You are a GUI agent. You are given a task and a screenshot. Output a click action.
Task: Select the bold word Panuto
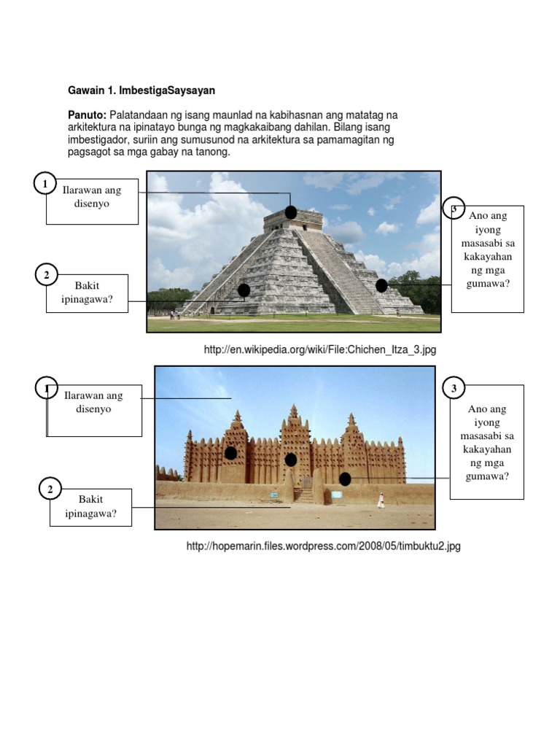(87, 115)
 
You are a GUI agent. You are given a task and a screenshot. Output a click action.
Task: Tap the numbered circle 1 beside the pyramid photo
(45, 184)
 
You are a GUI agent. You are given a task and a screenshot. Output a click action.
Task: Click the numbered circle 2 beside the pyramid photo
(46, 275)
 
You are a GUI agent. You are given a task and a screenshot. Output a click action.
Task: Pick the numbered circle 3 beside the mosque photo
(454, 388)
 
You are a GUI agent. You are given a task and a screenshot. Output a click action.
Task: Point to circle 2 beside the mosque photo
(50, 489)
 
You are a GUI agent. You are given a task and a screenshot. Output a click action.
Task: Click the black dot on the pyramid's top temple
(290, 212)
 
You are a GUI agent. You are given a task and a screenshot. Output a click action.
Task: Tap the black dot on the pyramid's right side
(381, 285)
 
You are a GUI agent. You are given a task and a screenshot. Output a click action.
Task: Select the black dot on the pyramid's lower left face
(244, 290)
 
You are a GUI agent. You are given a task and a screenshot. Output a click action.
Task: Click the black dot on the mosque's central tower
(291, 460)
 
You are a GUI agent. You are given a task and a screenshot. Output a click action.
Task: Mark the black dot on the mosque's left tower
(230, 453)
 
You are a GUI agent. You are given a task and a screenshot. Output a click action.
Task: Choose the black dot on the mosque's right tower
(345, 479)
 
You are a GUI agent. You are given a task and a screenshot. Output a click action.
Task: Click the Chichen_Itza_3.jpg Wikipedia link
(320, 350)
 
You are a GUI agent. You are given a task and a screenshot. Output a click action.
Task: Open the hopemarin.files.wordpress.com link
(324, 546)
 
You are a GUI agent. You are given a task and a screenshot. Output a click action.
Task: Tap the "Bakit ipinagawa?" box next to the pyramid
(87, 293)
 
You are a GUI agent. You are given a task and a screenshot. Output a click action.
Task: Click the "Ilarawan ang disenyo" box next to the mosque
(94, 410)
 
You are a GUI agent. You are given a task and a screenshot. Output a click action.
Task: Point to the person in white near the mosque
(380, 500)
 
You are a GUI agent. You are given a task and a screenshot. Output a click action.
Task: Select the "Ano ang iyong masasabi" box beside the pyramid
(487, 258)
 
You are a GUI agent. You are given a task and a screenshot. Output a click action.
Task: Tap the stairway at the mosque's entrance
(304, 495)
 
